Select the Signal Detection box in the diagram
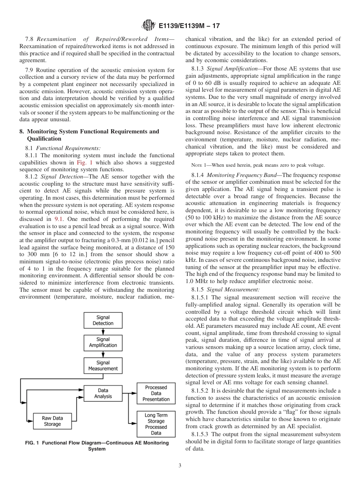(103, 320)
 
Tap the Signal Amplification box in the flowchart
(103, 343)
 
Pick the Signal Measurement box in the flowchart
(103, 366)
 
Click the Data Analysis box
(103, 393)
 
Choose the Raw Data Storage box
(52, 421)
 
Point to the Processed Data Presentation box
(156, 393)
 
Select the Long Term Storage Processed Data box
(156, 424)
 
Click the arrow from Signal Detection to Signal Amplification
(103, 332)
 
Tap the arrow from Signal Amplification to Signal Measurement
(103, 354)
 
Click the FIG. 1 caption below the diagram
(97, 446)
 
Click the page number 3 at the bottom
(180, 466)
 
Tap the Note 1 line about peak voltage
(255, 165)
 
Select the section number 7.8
(30, 39)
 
